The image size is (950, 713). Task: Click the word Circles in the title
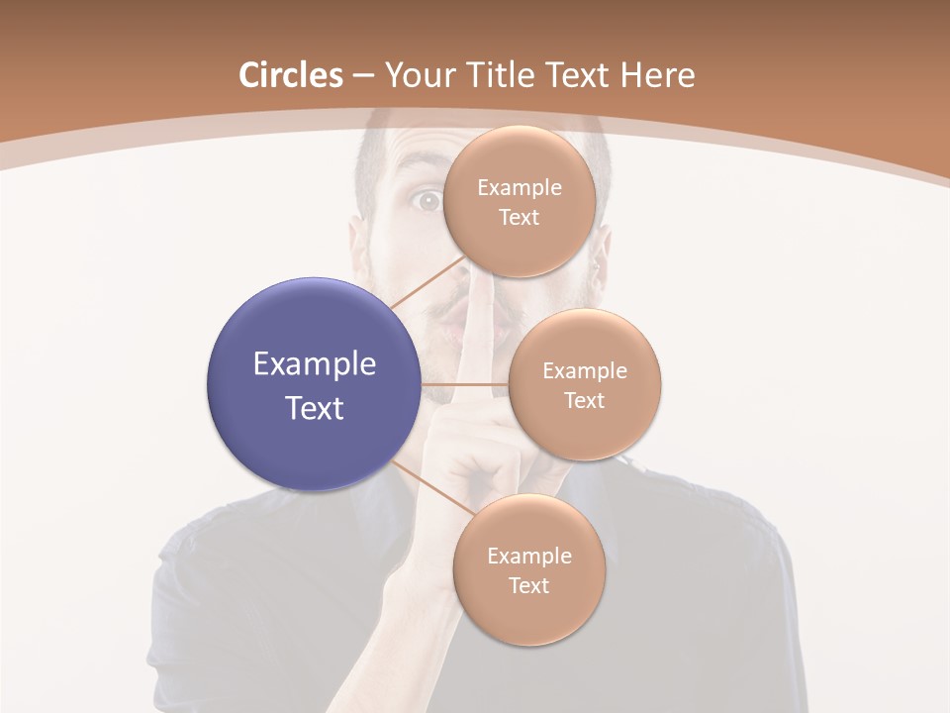[x=290, y=75]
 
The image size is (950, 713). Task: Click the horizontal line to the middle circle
[x=464, y=384]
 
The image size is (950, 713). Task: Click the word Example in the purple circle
[x=315, y=364]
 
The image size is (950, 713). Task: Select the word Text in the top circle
[x=519, y=217]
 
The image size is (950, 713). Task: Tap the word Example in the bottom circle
[x=528, y=556]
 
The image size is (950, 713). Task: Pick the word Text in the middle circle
[x=584, y=400]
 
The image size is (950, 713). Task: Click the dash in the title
[x=363, y=75]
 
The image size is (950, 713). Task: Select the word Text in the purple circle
[x=315, y=408]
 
